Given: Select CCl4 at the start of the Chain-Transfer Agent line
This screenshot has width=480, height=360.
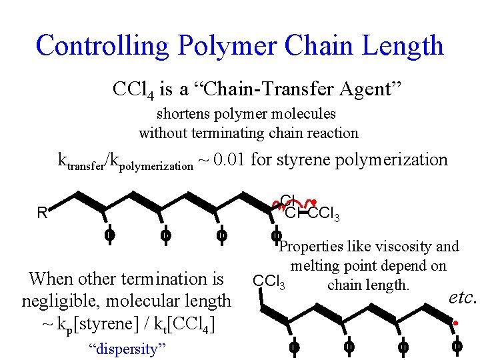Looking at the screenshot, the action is click(134, 89).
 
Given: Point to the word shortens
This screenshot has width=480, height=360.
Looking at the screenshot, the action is click(184, 114).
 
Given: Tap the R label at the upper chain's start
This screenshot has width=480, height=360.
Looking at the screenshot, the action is click(41, 213).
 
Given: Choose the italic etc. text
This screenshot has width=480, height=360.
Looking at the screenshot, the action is click(462, 297).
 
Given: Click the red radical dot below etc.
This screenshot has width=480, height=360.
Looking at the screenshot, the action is click(455, 324).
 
